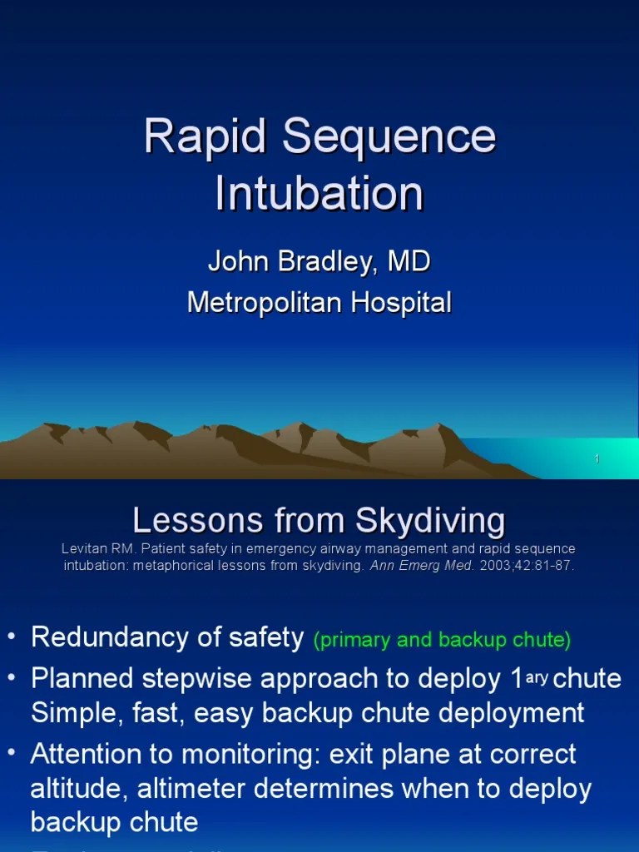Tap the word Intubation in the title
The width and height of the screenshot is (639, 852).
pyautogui.click(x=319, y=193)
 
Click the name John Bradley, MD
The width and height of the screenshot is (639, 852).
pyautogui.click(x=319, y=261)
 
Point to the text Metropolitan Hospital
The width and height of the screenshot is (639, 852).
pyautogui.click(x=319, y=303)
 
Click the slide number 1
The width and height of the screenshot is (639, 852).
pyautogui.click(x=597, y=459)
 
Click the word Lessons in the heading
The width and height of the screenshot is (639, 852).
pyautogui.click(x=186, y=522)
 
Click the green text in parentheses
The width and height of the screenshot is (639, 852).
pyautogui.click(x=442, y=640)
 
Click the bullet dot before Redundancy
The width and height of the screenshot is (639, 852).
pyautogui.click(x=11, y=638)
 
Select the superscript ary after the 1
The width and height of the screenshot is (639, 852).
pyautogui.click(x=537, y=676)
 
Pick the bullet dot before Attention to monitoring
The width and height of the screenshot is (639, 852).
pyautogui.click(x=11, y=755)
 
